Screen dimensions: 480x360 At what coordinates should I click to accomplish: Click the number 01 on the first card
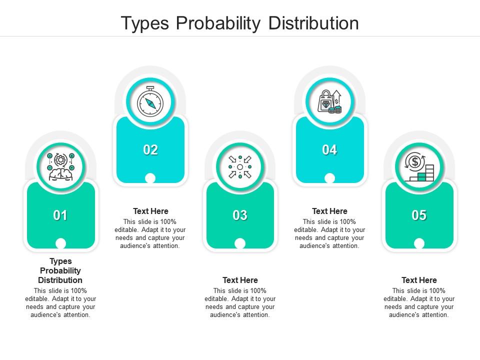(x=60, y=215)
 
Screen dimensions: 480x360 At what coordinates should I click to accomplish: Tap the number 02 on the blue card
(x=150, y=150)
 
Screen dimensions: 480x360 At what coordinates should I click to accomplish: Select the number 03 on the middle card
(x=240, y=215)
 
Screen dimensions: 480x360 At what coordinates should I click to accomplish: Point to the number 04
(x=329, y=150)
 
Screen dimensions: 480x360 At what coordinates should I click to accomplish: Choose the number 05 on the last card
(x=419, y=215)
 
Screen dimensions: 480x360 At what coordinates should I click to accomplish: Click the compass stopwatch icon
(x=150, y=101)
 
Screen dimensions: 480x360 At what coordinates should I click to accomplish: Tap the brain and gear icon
(x=60, y=167)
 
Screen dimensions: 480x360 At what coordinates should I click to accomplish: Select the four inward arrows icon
(x=240, y=167)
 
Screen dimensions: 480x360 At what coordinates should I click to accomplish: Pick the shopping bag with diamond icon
(x=329, y=101)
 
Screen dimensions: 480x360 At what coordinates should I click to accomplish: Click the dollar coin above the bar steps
(x=415, y=161)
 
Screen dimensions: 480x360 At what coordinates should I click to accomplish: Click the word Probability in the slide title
(x=218, y=23)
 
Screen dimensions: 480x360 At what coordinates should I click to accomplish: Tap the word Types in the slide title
(x=145, y=24)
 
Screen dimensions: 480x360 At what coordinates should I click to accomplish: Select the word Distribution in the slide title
(x=313, y=23)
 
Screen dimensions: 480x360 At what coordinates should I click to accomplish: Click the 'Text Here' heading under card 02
(x=150, y=211)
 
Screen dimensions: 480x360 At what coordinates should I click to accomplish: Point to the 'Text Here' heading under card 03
(x=240, y=280)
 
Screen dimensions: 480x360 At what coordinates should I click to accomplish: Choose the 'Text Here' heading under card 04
(x=329, y=211)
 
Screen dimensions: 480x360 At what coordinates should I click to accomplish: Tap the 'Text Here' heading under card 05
(x=419, y=280)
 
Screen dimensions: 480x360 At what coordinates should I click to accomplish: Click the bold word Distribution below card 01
(x=60, y=280)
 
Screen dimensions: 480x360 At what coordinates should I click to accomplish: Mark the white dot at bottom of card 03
(x=240, y=243)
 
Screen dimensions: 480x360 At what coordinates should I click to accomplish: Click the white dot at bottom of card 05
(x=419, y=243)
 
